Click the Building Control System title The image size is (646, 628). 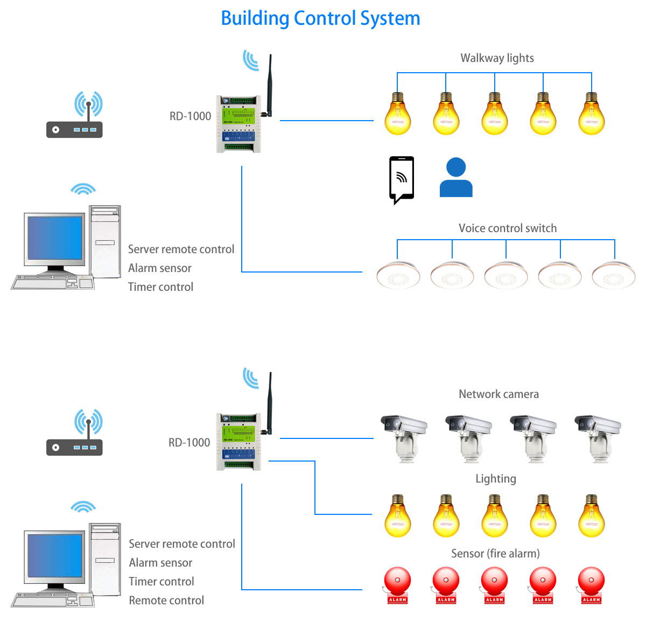pos(320,18)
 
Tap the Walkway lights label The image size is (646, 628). pos(497,58)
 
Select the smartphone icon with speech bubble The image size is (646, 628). pos(402,179)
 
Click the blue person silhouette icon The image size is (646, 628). pos(456,178)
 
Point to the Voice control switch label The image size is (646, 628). pos(507,228)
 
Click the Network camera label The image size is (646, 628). pos(498,394)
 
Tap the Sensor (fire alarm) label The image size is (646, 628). pos(495,554)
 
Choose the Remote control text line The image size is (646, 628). pos(166,601)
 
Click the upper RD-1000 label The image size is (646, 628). pos(190,116)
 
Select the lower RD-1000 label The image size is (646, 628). pos(189,443)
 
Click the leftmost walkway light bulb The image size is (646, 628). pos(398,114)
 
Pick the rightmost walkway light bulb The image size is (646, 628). pos(591,114)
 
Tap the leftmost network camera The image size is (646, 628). pos(404,437)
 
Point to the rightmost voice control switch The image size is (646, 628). pos(613,275)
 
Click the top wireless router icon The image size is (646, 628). pos(75,116)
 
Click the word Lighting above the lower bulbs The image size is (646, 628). pos(495,479)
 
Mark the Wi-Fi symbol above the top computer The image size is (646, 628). pos(83,190)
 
